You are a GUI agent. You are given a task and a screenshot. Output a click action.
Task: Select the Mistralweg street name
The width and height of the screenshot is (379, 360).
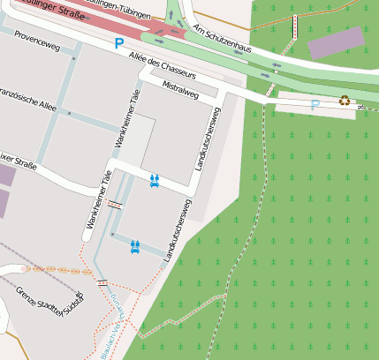181,88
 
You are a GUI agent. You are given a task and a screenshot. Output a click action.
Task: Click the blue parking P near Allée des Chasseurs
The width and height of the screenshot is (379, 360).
118,43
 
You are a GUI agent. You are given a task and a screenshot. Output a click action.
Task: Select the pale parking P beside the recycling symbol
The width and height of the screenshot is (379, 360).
315,104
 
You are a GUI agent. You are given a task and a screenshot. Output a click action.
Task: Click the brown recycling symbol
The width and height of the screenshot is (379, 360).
344,101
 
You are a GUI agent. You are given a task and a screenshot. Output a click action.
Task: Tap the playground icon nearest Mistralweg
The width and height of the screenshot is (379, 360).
155,180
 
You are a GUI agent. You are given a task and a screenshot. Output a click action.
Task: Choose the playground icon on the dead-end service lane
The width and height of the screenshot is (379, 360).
135,246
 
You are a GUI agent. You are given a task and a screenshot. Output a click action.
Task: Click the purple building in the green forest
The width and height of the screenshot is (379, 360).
335,42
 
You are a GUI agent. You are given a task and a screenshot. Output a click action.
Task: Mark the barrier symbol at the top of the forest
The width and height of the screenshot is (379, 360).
295,27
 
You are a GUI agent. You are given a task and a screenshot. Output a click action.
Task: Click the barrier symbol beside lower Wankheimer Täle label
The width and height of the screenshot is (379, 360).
115,202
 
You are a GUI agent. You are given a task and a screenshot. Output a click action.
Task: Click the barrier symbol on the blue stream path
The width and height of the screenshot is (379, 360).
103,283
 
